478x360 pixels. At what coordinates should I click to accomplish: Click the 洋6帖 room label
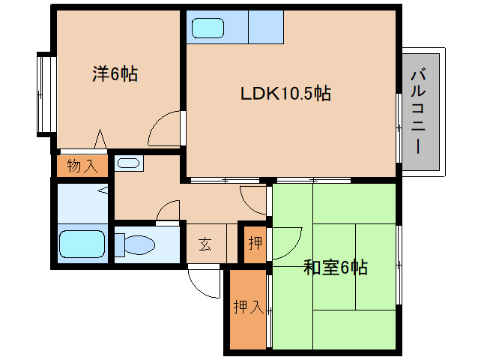[115, 74]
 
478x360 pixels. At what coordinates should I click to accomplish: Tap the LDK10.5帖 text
[285, 94]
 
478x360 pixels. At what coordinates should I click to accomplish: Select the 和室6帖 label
[335, 268]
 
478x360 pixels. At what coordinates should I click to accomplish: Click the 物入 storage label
[82, 166]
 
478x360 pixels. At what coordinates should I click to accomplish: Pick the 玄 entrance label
[205, 244]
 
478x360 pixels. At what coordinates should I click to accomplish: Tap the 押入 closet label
[246, 307]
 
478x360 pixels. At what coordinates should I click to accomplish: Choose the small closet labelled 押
[255, 244]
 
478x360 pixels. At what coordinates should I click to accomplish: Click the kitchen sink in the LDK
[207, 28]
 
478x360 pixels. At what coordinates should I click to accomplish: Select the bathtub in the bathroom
[82, 244]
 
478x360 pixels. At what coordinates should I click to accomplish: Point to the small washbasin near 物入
[129, 163]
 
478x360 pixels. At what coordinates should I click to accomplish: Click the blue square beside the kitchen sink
[265, 28]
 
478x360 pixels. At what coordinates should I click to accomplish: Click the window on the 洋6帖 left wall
[43, 93]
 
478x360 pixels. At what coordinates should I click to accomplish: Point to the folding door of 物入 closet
[100, 140]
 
